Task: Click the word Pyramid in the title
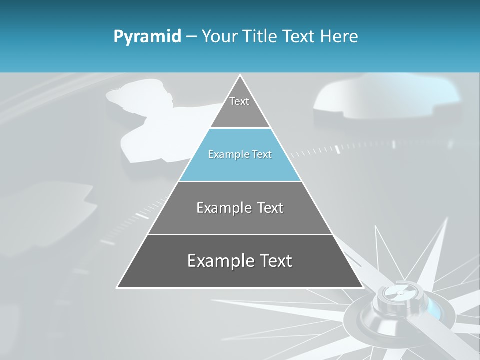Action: point(147,37)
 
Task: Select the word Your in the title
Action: point(220,37)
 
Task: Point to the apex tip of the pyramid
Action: point(240,76)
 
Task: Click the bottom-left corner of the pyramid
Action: point(118,287)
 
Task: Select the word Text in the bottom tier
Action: point(274,261)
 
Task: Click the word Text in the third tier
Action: point(270,208)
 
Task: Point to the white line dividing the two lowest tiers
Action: point(240,234)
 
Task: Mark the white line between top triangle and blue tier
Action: point(240,128)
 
